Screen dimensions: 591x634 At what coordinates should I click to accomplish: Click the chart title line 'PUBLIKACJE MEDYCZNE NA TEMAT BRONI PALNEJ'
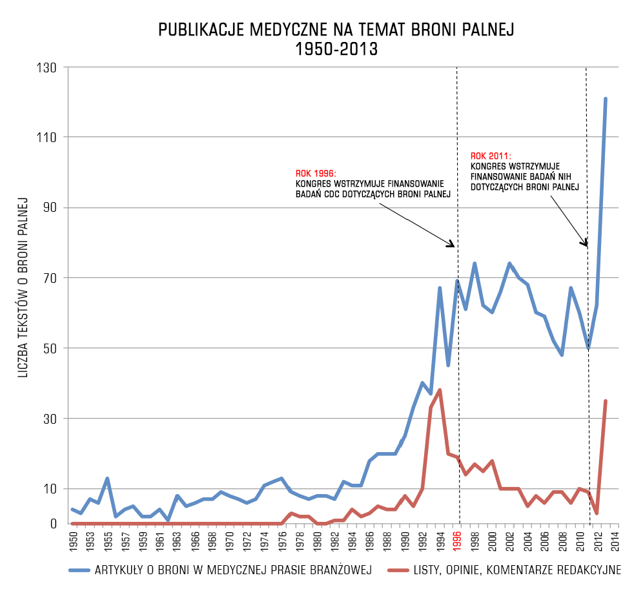pos(336,30)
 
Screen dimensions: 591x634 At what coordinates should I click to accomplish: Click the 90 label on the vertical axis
pos(50,207)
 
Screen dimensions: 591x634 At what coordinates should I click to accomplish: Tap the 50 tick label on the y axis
pos(50,348)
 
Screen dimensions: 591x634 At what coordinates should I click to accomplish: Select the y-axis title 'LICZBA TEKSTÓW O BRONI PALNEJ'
pos(23,287)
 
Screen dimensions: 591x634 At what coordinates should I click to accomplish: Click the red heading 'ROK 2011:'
pos(491,156)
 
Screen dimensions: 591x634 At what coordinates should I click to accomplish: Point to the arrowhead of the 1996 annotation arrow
pos(453,245)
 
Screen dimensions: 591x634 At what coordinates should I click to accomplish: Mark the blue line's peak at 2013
pos(606,99)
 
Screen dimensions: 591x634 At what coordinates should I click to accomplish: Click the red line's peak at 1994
pos(440,390)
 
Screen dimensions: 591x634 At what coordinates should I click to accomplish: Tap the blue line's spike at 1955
pos(107,479)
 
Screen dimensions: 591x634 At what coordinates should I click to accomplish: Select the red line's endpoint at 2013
pos(606,401)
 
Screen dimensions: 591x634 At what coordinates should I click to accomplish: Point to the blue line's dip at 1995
pos(448,366)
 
